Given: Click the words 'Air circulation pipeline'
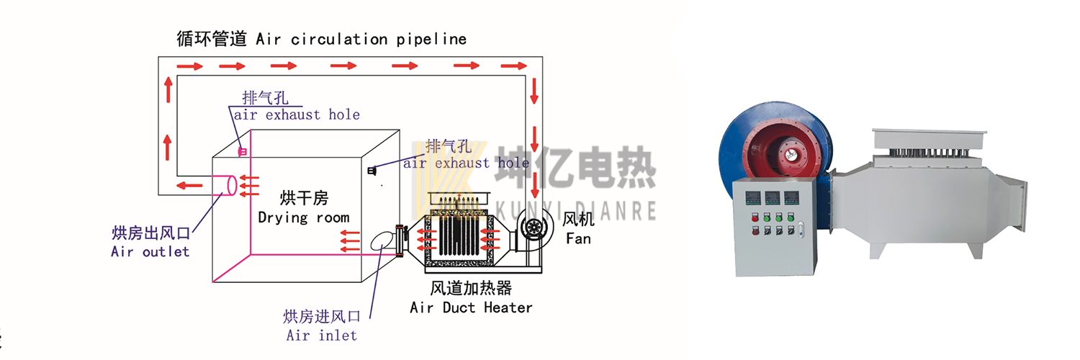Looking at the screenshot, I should tap(361, 39).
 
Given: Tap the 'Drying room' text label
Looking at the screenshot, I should tap(303, 217).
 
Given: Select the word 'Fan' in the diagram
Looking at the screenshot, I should tap(578, 238).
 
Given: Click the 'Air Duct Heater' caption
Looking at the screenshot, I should tap(471, 308).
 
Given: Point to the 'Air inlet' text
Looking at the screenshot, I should tap(321, 335).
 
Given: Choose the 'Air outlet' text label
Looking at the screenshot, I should tap(150, 251).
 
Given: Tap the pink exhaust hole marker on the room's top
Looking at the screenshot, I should tap(243, 151).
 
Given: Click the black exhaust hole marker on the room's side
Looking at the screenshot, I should tap(372, 171).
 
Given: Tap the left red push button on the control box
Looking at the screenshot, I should tap(753, 217).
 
